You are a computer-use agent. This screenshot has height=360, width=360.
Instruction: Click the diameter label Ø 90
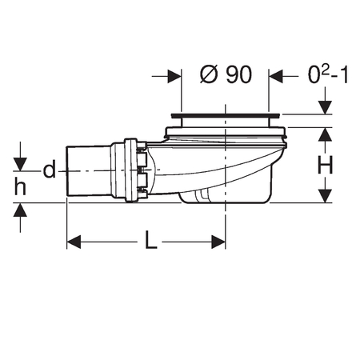pos(226,74)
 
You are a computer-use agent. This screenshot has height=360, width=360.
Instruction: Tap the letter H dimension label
pos(326,165)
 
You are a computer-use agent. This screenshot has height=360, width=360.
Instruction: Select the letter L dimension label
pos(151,240)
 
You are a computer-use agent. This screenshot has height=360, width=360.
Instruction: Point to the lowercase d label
pos(50,170)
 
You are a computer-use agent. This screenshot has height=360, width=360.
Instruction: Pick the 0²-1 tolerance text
pos(328,74)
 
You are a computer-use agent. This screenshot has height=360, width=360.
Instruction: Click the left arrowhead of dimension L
pos(74,242)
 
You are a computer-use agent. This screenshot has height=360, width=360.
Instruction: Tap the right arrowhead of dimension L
pos(218,242)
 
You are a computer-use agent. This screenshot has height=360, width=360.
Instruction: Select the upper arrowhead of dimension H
pos(326,134)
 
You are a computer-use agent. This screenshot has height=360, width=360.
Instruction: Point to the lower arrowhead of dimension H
pos(326,196)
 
